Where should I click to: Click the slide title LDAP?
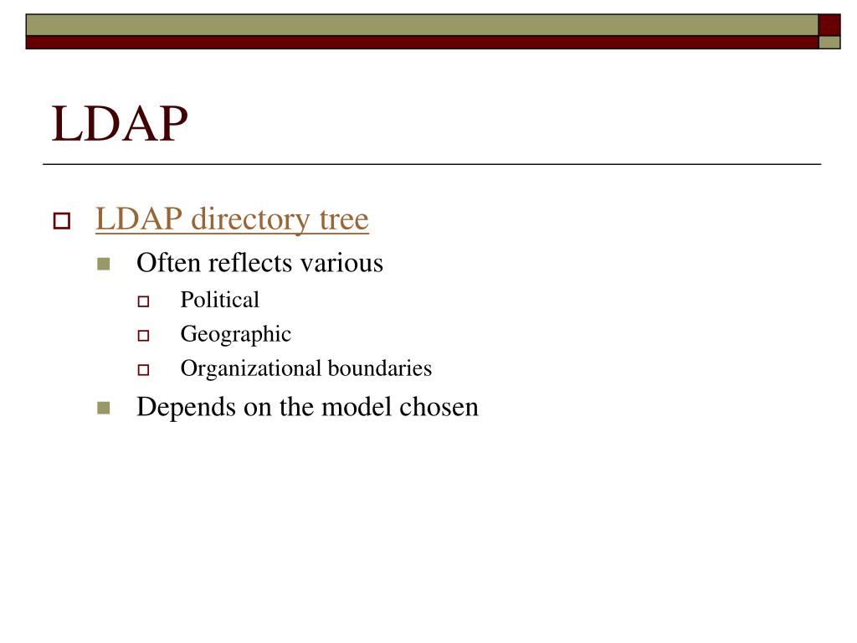click(x=120, y=124)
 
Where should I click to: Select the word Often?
click(x=169, y=263)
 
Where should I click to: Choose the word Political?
click(x=220, y=300)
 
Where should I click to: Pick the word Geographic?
click(x=236, y=335)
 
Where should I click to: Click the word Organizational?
click(x=251, y=368)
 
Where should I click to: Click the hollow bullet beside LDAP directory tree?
click(x=62, y=222)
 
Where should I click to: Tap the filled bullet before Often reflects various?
click(x=104, y=265)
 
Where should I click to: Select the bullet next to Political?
click(x=143, y=301)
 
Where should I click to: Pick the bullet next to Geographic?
click(x=143, y=336)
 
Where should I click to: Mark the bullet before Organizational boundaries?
click(x=143, y=369)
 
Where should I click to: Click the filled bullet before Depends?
click(x=104, y=409)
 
